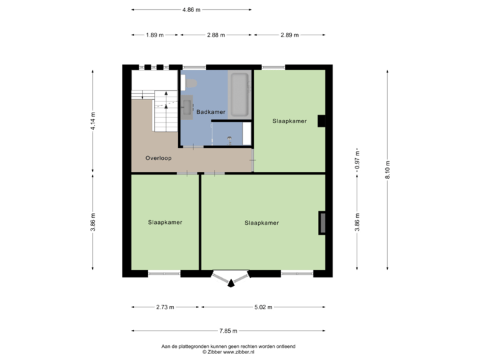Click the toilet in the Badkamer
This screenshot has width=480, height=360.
[191, 82]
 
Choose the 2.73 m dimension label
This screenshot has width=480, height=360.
[165, 307]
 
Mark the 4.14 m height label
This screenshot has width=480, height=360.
[93, 121]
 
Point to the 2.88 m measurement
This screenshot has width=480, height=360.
[216, 35]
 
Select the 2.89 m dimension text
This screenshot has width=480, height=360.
[289, 35]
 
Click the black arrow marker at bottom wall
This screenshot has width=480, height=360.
[231, 283]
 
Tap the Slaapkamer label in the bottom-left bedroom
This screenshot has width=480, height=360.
[165, 223]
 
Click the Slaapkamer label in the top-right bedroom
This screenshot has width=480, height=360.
[290, 121]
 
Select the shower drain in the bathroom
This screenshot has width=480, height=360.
[229, 139]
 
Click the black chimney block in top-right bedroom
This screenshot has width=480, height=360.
[321, 121]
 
